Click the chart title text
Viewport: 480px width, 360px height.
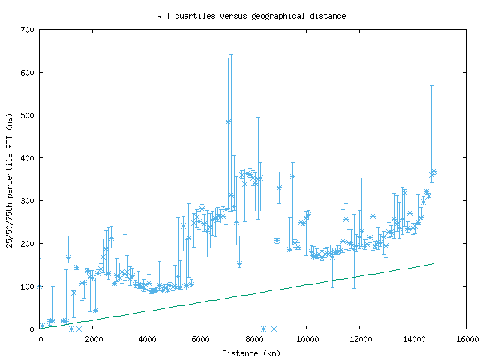(251, 16)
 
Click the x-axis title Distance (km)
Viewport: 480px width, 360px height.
(252, 352)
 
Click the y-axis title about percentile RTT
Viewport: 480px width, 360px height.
(10, 179)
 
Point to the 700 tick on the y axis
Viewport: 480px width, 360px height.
(28, 30)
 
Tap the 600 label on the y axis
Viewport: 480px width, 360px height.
(28, 73)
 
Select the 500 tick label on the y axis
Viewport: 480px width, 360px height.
(28, 115)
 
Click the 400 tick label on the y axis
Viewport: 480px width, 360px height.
(28, 158)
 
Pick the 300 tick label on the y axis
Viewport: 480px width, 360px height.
(28, 201)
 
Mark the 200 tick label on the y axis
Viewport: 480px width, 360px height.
(28, 244)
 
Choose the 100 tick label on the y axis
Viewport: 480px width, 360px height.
(28, 286)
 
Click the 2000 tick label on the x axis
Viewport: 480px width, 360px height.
(93, 340)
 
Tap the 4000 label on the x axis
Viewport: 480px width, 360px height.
(146, 340)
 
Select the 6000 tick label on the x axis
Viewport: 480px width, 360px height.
(199, 340)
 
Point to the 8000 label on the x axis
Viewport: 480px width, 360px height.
(253, 340)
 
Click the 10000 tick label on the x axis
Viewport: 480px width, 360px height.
(306, 340)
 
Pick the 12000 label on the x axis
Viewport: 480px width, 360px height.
(359, 340)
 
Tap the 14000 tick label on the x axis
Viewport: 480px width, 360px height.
(412, 340)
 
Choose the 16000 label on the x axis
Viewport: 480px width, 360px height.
(466, 340)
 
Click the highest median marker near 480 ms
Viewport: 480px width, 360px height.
(228, 121)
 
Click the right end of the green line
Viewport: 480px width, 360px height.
(433, 263)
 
